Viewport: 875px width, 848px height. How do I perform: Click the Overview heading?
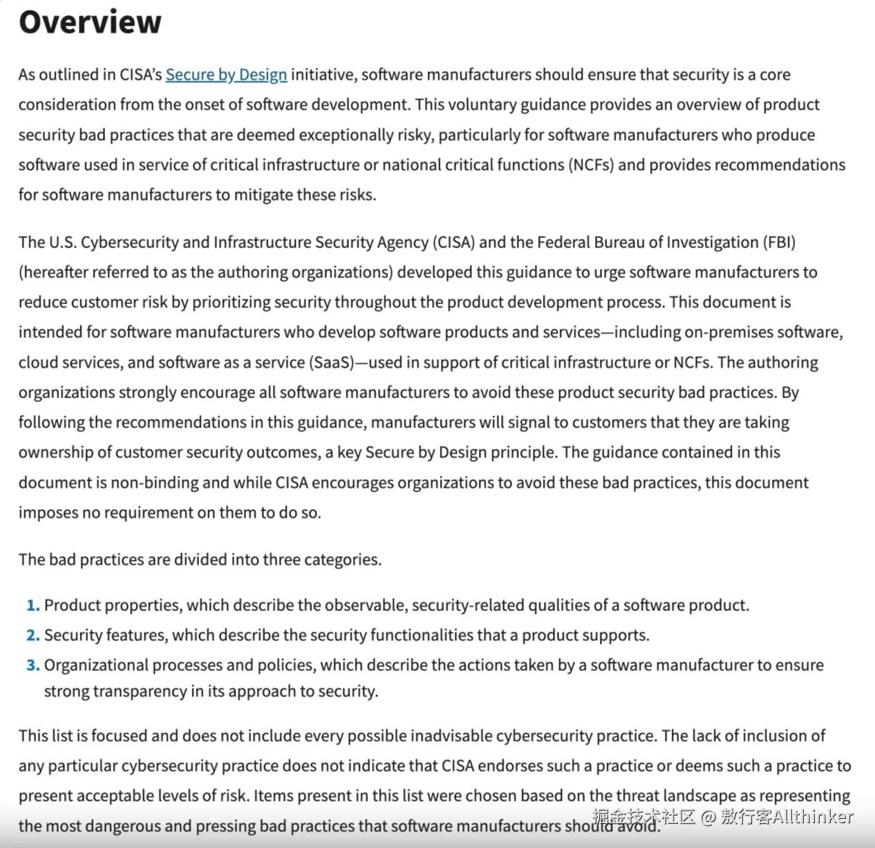(x=90, y=22)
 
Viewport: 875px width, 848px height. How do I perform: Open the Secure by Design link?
(x=226, y=75)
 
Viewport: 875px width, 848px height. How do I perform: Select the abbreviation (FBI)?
(x=779, y=243)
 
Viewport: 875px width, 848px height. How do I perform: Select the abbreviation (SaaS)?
(x=331, y=363)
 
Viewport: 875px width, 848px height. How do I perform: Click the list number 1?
(x=32, y=605)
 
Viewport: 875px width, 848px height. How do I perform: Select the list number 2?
(x=32, y=636)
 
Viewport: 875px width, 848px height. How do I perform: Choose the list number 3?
(x=32, y=666)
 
